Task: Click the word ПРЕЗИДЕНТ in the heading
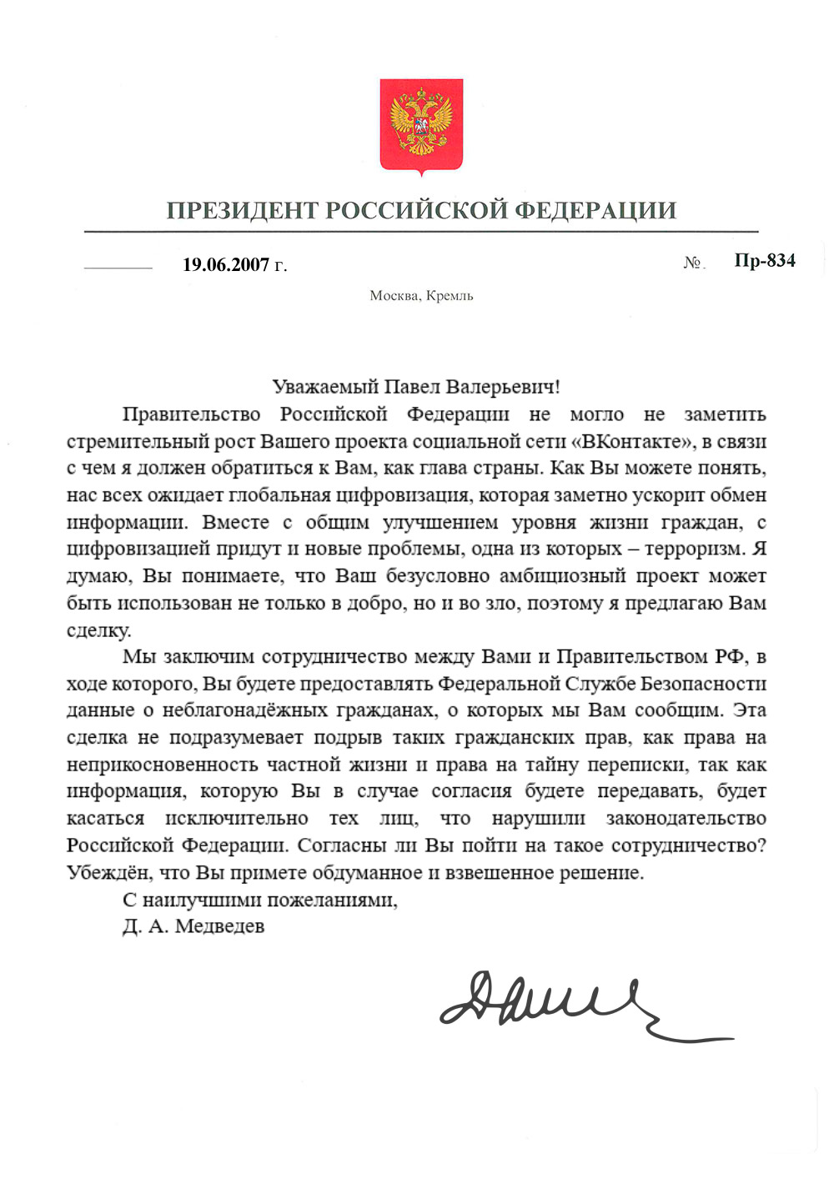(x=242, y=210)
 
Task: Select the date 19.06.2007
(x=226, y=265)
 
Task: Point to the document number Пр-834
(x=765, y=261)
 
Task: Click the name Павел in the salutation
(x=412, y=387)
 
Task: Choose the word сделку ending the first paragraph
(x=98, y=630)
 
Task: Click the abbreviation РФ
(x=730, y=657)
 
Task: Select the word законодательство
(x=686, y=819)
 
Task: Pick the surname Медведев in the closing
(x=219, y=926)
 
